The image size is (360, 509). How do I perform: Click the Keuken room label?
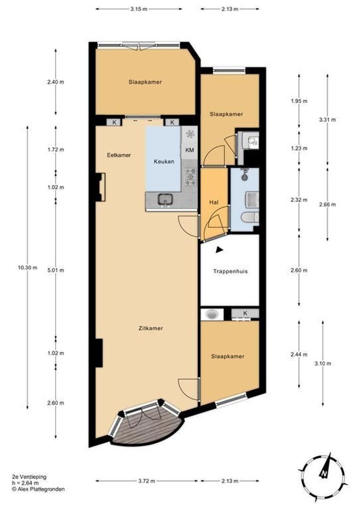tap(164, 161)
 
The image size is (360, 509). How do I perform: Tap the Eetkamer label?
tap(118, 155)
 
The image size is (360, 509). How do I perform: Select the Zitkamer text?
tap(151, 328)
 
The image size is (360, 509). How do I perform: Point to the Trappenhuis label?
tap(230, 271)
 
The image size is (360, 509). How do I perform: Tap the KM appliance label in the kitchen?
tap(189, 150)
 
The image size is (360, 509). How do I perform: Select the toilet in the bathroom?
tap(249, 218)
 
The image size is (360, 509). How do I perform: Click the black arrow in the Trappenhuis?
tap(219, 250)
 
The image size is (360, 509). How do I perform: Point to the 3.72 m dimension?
tap(147, 481)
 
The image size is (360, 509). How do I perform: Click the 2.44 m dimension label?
tap(298, 354)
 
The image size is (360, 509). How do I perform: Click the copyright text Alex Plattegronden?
tap(38, 489)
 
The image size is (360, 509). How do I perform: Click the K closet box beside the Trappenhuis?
tap(245, 313)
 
